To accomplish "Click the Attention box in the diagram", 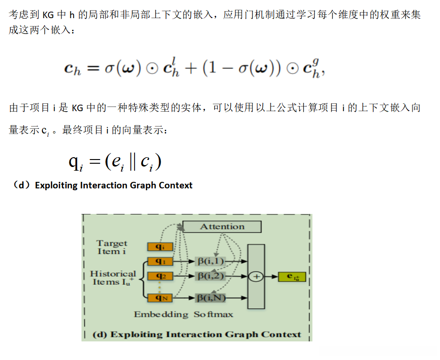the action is point(222,227).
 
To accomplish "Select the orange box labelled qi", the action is point(160,247).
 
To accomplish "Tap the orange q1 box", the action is point(160,261).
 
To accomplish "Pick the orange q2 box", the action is point(160,276).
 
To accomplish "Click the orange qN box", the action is point(160,298).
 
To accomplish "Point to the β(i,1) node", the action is point(210,261).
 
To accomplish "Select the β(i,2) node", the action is point(210,276).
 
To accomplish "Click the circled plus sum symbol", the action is point(256,277).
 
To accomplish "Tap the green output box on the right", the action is point(292,277).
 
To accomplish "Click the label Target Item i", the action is point(112,247).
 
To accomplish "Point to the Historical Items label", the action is point(113,278).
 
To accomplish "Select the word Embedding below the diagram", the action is point(161,314).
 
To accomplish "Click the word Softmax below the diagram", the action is point(213,314).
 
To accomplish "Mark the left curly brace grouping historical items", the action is point(143,279).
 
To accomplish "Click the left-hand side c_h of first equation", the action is point(73,69).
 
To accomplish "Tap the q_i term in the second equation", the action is point(76,163).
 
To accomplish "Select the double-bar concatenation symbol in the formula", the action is point(132,162).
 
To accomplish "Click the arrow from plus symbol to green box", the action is point(271,277).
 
